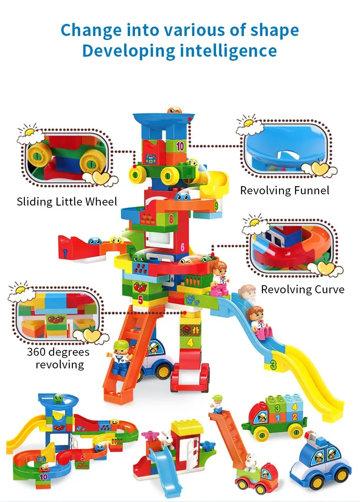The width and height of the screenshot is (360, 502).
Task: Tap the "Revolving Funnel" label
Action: [x=285, y=190]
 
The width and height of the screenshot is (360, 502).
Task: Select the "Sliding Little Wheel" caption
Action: [x=67, y=202]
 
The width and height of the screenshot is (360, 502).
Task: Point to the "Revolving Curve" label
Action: [x=303, y=289]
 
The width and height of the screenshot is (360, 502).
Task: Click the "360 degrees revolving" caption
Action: [x=58, y=358]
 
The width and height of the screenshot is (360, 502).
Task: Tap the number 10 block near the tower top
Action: [x=180, y=146]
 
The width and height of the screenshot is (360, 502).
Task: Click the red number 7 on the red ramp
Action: [x=65, y=254]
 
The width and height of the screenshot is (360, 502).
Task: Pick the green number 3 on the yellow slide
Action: [x=273, y=364]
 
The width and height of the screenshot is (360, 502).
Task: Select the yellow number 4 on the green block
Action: [x=190, y=343]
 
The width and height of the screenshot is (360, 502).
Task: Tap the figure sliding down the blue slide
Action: [x=258, y=322]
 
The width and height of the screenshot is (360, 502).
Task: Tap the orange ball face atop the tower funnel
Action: [x=174, y=111]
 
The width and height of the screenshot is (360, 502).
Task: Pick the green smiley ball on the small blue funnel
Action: [x=58, y=399]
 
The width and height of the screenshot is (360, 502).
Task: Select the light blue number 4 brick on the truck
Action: [x=294, y=407]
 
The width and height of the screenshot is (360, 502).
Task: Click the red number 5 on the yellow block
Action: [x=140, y=300]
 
